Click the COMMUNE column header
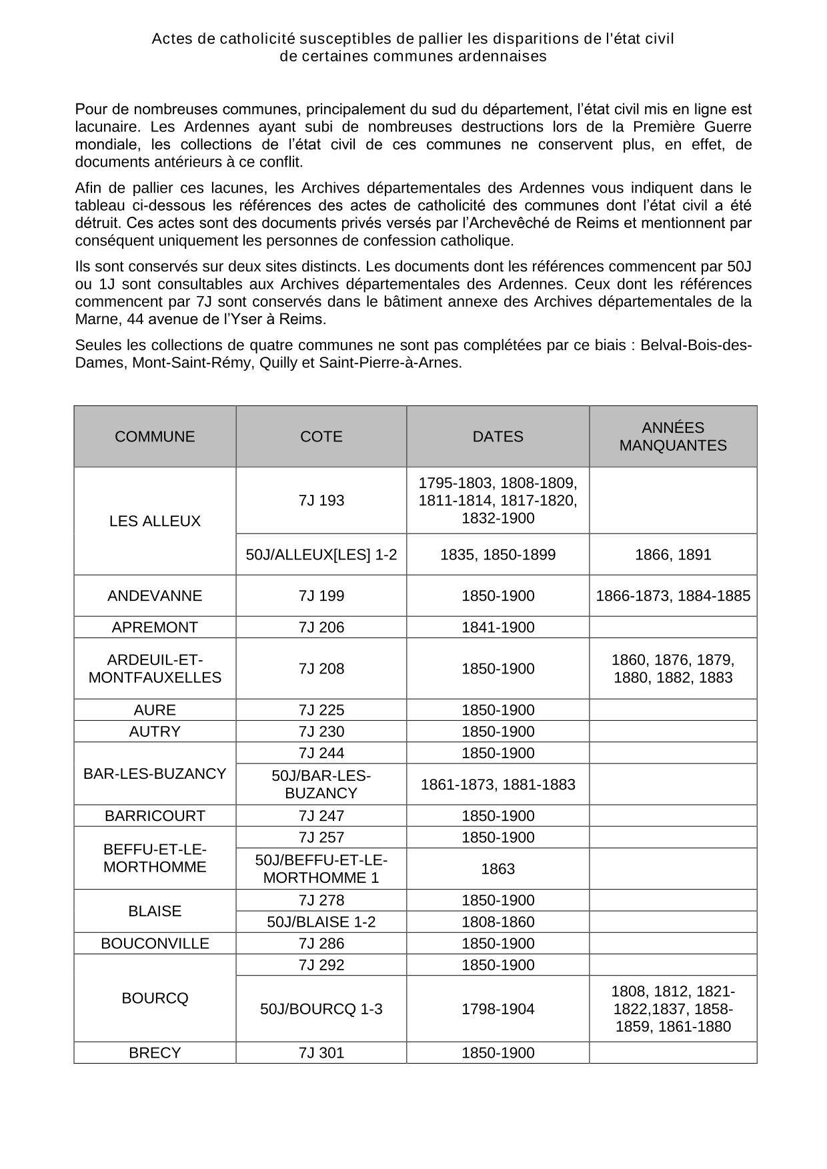(x=155, y=437)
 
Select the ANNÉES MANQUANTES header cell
(x=672, y=437)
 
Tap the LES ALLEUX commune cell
(x=155, y=521)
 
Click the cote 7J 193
(x=321, y=501)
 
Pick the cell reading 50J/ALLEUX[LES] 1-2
(x=321, y=555)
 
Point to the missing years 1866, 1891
(x=672, y=555)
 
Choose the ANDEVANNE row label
(x=155, y=596)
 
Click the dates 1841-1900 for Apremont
(x=498, y=628)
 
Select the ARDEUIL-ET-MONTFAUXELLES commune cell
(x=155, y=669)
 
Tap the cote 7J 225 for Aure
(x=321, y=710)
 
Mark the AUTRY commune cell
(x=155, y=732)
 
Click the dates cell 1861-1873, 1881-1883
(x=498, y=785)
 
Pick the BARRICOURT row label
(x=155, y=816)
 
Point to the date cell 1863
(x=498, y=869)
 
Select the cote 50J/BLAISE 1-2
(x=321, y=922)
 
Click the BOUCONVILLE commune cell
(x=155, y=944)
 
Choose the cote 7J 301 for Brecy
(x=321, y=1053)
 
